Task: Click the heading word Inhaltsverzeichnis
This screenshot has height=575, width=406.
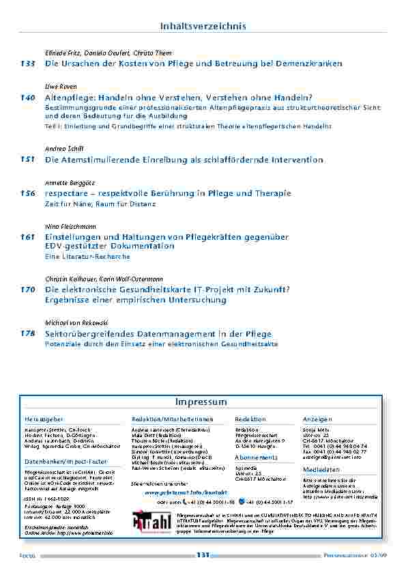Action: click(x=203, y=26)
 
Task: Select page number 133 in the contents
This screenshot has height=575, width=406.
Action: click(x=27, y=64)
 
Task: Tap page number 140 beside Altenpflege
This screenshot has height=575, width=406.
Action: click(x=27, y=98)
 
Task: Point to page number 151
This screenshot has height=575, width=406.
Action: click(x=27, y=160)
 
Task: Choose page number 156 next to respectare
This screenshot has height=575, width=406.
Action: click(x=27, y=194)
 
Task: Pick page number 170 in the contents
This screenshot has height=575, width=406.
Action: click(x=27, y=290)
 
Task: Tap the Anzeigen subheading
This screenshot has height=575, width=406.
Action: click(x=317, y=419)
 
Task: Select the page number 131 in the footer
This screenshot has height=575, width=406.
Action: click(x=203, y=555)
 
